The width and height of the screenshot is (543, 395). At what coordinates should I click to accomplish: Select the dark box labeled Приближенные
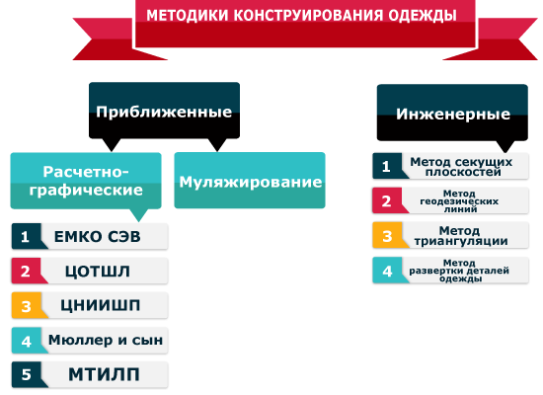point(164,112)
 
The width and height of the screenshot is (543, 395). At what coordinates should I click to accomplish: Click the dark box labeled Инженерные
point(452,114)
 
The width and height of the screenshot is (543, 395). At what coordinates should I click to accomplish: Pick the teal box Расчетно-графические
point(86,181)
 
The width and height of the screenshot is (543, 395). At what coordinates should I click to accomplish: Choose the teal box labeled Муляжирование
point(250,181)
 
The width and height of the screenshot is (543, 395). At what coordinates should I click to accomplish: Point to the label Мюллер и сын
point(106,340)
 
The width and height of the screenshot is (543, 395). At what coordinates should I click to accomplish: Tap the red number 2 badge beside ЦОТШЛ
point(27,271)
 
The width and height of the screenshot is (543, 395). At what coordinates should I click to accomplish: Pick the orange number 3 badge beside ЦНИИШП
point(27,305)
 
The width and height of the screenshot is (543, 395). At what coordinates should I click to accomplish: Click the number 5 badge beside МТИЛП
point(27,374)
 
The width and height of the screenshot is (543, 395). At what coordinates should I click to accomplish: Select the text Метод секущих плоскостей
point(461,166)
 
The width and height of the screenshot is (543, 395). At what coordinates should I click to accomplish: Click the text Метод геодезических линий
point(459,201)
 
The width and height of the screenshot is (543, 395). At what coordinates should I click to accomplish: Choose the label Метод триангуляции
point(461,236)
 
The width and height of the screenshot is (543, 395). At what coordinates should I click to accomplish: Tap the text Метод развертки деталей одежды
point(459,271)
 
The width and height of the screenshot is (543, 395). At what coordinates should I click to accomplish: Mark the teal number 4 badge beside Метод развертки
point(388,271)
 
